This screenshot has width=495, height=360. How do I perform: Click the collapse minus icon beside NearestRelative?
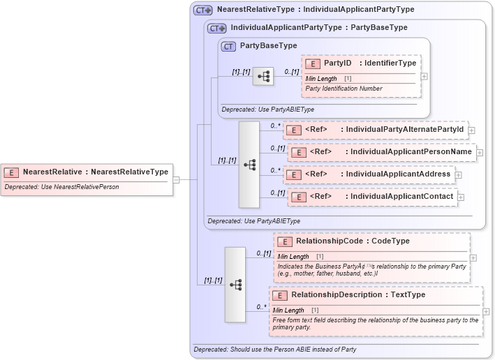pos(177,179)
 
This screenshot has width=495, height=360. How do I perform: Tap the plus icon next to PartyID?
pos(424,76)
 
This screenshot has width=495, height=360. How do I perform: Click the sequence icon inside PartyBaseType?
pos(263,76)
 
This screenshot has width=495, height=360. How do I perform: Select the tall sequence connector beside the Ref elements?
pos(249,165)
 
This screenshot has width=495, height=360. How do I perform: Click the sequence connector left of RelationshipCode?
pos(235,284)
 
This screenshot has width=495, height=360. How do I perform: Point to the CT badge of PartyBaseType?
pos(228,46)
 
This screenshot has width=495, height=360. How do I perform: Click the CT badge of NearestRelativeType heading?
pos(202,10)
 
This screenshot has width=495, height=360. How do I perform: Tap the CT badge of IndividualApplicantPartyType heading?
pos(217,28)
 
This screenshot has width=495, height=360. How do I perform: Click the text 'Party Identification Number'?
pos(343,89)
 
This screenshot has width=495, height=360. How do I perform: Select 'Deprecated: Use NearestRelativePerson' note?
pos(61,187)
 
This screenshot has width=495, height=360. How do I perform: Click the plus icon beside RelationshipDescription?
pos(486,312)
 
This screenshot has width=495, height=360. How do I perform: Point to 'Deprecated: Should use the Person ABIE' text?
pos(274,349)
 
